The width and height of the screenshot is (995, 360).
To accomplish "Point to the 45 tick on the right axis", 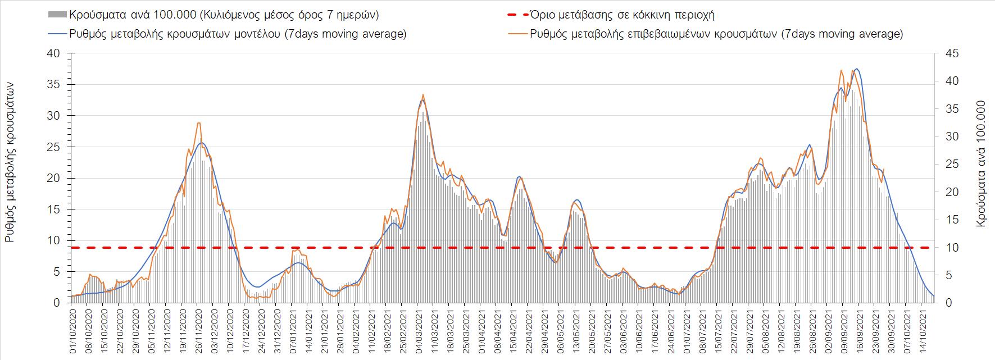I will click(x=944, y=53).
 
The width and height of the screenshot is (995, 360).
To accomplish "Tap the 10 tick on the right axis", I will click(x=944, y=248).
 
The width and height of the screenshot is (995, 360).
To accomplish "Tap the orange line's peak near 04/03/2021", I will click(x=422, y=94).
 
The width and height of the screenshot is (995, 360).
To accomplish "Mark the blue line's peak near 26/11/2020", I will click(x=201, y=143).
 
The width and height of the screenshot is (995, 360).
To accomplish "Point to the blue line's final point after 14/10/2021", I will click(x=933, y=296).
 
